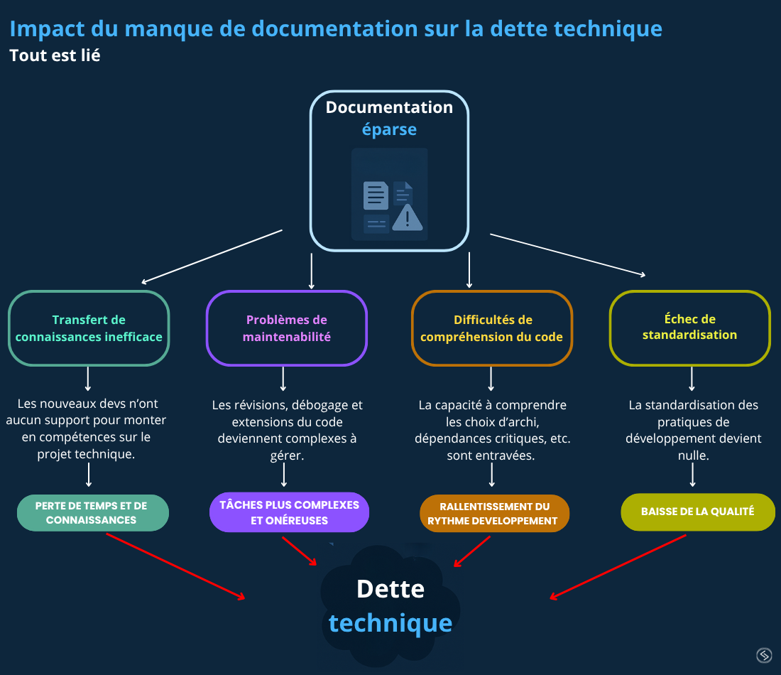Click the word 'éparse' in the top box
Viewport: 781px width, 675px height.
point(389,130)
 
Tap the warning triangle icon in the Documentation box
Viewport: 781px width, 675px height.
point(407,217)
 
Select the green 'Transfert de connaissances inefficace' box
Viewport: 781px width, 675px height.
point(89,328)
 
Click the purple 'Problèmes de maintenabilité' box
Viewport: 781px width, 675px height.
point(286,328)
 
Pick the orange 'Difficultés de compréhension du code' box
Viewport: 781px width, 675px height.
point(491,328)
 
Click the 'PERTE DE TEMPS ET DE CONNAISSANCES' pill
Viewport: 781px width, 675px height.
point(92,513)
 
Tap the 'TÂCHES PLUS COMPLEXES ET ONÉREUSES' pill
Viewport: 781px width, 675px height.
point(289,512)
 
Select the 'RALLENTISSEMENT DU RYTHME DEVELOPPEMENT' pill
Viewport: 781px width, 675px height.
point(495,514)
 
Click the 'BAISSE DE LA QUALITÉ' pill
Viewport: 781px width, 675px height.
point(697,512)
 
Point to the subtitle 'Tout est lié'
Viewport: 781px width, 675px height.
point(55,55)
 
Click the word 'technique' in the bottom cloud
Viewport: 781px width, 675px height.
point(390,623)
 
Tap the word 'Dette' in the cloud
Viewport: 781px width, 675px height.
point(390,588)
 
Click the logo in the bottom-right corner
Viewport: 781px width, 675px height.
point(764,655)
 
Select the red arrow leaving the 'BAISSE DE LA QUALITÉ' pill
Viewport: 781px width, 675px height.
point(618,567)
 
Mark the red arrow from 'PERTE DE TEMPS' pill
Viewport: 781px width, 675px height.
point(175,566)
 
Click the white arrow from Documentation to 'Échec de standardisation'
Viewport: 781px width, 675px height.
point(568,254)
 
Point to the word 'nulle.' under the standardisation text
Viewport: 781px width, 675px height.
point(693,455)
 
